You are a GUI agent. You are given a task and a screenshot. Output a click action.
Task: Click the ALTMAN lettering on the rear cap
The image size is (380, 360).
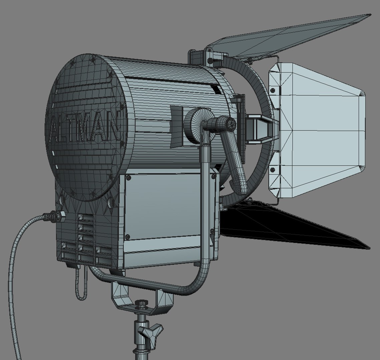[85, 128]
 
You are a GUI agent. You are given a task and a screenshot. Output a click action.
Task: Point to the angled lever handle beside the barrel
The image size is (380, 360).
[235, 160]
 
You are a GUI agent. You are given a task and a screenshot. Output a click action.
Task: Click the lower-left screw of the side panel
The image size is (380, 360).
[127, 237]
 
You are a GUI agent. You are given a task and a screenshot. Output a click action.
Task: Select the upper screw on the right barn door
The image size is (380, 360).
[273, 90]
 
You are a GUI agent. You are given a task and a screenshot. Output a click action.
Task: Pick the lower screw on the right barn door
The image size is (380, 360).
[273, 170]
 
